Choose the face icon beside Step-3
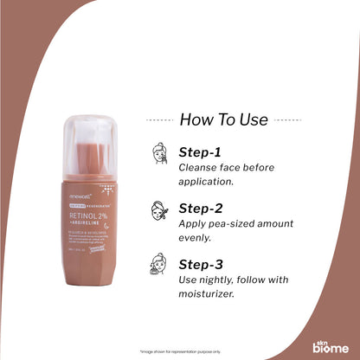point(160,264)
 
